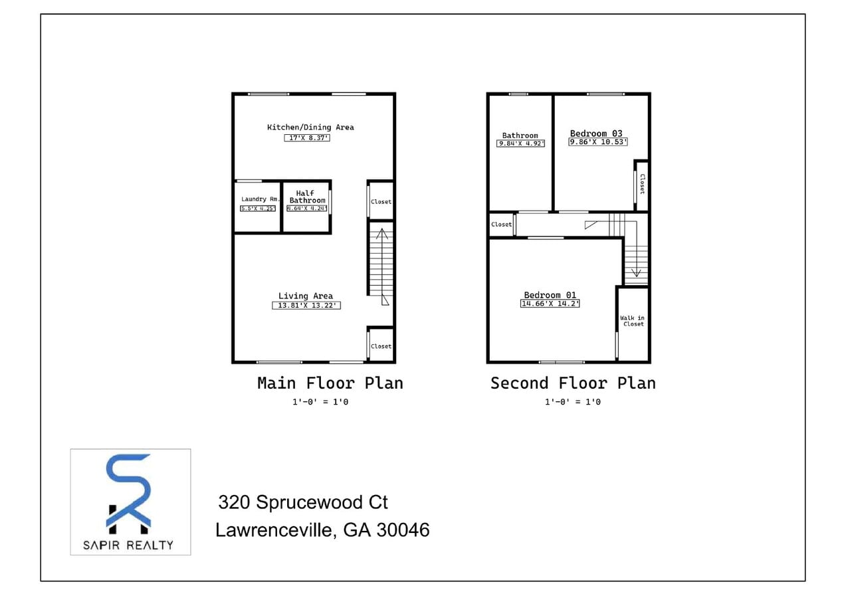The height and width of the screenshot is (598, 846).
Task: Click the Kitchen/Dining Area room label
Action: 310,127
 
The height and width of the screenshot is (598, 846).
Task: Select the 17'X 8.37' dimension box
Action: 307,138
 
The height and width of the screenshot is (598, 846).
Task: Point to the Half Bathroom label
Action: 306,197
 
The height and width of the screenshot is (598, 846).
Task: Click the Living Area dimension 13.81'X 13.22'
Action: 306,306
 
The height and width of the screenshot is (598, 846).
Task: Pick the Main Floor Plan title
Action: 330,383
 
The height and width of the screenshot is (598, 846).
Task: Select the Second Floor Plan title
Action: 573,383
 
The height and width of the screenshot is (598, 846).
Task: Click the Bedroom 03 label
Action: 596,133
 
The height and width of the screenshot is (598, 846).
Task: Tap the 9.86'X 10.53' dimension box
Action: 598,142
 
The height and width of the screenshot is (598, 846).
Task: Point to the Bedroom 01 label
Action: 550,295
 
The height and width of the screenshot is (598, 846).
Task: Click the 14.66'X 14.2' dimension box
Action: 550,304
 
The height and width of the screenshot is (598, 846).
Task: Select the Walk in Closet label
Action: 632,321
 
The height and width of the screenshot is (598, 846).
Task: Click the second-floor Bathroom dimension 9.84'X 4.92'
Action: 520,144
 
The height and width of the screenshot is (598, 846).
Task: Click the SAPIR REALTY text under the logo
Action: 129,545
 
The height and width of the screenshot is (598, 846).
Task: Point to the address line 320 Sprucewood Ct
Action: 303,502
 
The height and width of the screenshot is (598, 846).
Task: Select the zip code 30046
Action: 403,530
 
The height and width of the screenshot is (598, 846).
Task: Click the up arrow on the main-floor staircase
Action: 381,234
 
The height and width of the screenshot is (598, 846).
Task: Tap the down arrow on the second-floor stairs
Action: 636,271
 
